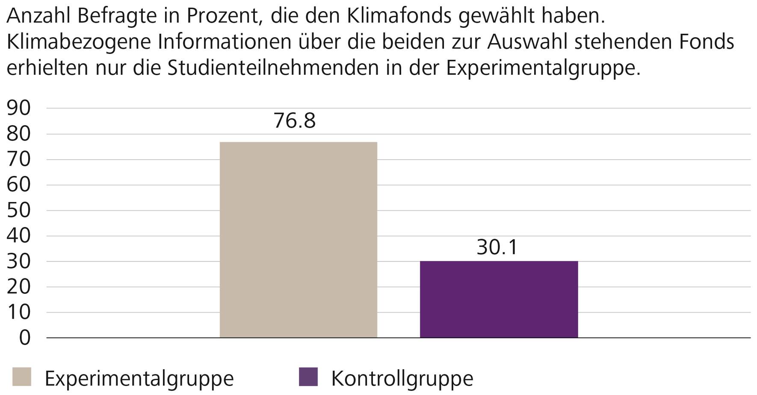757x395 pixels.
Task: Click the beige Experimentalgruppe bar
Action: pyautogui.click(x=298, y=240)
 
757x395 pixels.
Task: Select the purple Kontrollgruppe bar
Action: pyautogui.click(x=499, y=299)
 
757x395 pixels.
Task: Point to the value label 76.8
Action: pyautogui.click(x=294, y=120)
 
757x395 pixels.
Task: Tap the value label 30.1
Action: pyautogui.click(x=497, y=247)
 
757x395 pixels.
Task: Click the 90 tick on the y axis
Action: pyautogui.click(x=19, y=108)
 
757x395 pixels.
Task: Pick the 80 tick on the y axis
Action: pyautogui.click(x=19, y=134)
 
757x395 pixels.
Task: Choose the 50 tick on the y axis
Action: pyautogui.click(x=19, y=211)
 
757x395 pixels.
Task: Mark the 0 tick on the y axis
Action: pyautogui.click(x=25, y=338)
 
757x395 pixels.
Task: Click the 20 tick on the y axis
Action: pyautogui.click(x=19, y=287)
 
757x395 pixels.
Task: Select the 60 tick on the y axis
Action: pyautogui.click(x=19, y=185)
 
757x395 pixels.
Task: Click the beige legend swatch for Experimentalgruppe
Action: pyautogui.click(x=22, y=377)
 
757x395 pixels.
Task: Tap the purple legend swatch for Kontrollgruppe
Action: pyautogui.click(x=308, y=377)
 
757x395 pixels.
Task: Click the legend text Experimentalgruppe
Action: pyautogui.click(x=139, y=378)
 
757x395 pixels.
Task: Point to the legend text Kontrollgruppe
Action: pyautogui.click(x=402, y=378)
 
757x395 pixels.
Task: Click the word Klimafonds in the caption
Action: pyautogui.click(x=399, y=16)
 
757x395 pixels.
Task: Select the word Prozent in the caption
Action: pyautogui.click(x=219, y=16)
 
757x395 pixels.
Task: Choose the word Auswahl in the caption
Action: pyautogui.click(x=535, y=42)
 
